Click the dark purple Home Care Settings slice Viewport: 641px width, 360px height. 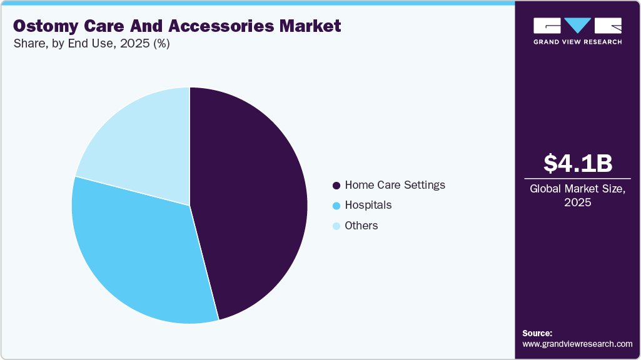pos(256,200)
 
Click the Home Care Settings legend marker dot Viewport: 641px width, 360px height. pos(336,186)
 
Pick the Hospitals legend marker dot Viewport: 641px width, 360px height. pos(336,206)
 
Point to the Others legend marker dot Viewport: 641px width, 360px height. pos(336,226)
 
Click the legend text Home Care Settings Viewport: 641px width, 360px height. pos(395,185)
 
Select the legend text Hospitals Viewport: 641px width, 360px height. pos(368,205)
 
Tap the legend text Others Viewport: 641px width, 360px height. pos(361,226)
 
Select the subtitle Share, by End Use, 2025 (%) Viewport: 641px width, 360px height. pos(91,44)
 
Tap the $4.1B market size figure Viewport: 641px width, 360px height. pos(577,163)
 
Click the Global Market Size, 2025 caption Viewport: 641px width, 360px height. pos(577,195)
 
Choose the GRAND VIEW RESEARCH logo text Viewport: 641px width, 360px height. pos(577,42)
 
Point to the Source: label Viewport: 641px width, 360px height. pos(537,333)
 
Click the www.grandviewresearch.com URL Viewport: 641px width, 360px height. pos(577,344)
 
